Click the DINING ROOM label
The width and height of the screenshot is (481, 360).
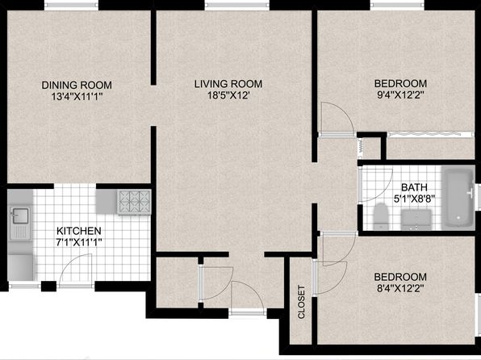77,85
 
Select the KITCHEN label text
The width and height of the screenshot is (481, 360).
79,231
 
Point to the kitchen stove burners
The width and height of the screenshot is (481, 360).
134,202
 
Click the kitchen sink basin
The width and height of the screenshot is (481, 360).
20,216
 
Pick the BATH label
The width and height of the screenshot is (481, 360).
414,187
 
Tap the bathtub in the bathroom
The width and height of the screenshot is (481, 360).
458,198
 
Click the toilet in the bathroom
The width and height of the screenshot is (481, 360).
381,216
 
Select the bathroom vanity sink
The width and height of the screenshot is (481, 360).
416,219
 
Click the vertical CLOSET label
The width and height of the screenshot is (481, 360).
301,302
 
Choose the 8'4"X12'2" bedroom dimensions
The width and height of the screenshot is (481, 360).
400,288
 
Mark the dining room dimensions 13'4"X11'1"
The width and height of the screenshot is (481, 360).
77,97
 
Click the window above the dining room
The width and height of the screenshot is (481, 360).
71,5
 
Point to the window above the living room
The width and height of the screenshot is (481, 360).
236,5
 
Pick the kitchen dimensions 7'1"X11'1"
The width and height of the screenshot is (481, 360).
79,242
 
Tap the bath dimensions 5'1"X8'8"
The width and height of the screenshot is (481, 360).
415,199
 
